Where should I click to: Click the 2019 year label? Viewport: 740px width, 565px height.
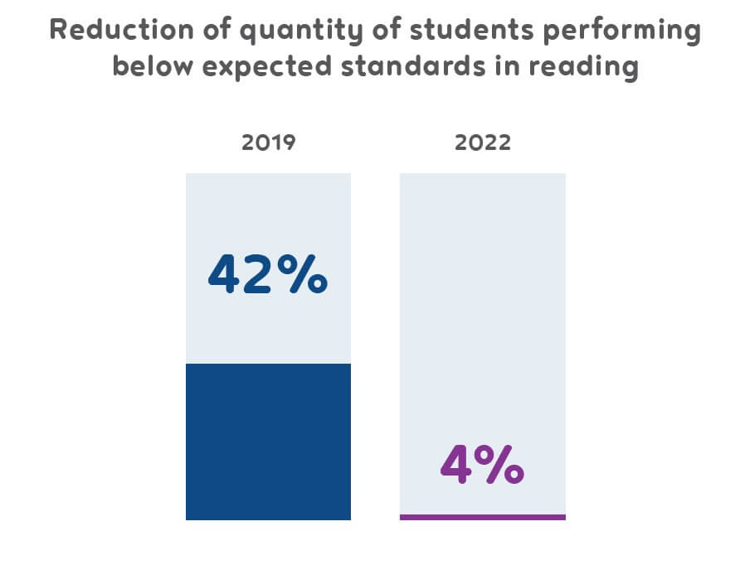click(268, 142)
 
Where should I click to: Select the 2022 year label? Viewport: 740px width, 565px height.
click(483, 142)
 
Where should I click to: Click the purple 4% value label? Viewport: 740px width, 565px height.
click(482, 466)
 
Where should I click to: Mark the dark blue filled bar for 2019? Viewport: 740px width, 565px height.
click(268, 441)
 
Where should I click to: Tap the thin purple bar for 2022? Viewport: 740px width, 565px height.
click(482, 517)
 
